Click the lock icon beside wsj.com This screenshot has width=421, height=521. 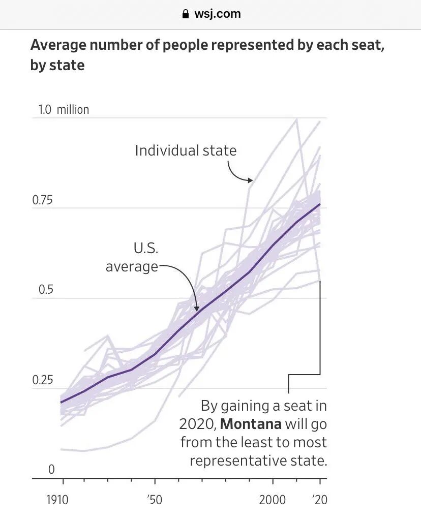point(186,14)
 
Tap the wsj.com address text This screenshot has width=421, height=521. point(217,14)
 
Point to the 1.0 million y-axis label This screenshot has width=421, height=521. point(64,109)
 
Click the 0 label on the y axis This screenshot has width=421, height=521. point(51,470)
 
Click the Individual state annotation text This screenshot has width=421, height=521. point(186,150)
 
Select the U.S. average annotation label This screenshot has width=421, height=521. point(132,257)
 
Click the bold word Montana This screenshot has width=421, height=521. point(251,423)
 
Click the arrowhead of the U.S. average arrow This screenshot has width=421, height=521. point(197,308)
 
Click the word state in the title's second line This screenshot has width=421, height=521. point(67,66)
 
